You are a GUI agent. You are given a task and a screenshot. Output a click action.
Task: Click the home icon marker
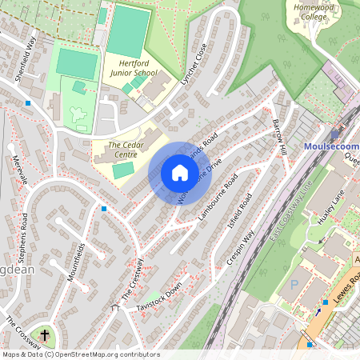coord(180,173)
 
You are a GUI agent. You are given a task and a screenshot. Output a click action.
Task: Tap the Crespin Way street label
coord(241,250)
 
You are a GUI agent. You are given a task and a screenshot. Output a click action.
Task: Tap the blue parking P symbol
coord(294,284)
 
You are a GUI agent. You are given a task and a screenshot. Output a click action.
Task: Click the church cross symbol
coord(45,336)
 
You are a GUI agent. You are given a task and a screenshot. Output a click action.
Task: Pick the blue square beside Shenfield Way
coord(28,103)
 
